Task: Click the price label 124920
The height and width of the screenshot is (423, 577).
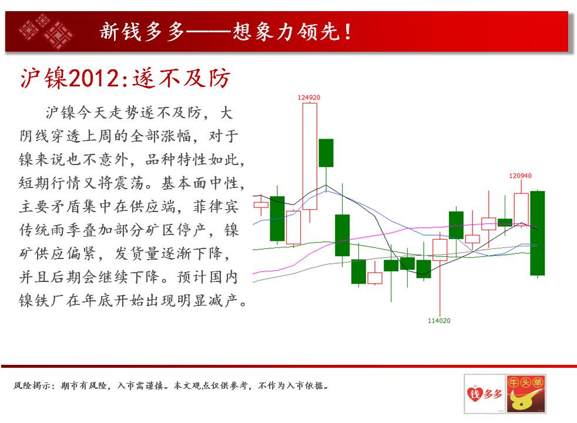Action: click(308, 98)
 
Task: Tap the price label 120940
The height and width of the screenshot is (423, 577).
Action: click(520, 176)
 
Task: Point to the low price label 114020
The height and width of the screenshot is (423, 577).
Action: click(439, 321)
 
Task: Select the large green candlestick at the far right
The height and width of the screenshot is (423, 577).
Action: click(537, 233)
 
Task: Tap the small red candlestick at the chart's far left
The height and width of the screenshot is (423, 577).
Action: click(261, 205)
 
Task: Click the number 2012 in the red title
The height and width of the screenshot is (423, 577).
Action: click(94, 78)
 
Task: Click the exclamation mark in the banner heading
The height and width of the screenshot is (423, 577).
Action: click(347, 32)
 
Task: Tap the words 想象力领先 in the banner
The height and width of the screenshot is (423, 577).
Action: click(286, 32)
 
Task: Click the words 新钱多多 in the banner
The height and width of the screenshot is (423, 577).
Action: click(142, 32)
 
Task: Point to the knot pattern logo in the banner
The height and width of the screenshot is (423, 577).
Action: click(46, 31)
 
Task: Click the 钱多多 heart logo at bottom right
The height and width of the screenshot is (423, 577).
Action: click(484, 394)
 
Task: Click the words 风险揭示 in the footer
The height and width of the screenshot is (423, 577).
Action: click(31, 385)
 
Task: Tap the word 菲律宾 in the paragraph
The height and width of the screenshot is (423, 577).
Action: click(216, 206)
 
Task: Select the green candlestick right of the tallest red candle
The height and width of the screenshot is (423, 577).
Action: click(326, 153)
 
